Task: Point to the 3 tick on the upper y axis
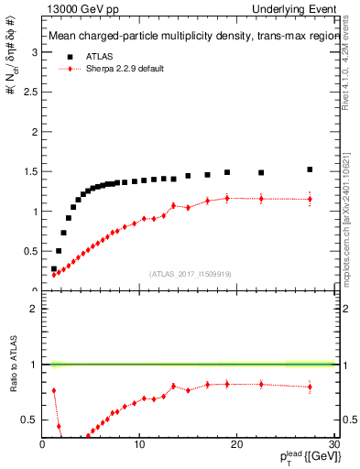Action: pos(35,52)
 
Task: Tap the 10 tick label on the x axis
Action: pos(139,444)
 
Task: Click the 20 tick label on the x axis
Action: pos(236,444)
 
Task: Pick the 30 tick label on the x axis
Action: pos(333,444)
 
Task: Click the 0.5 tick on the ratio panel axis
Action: pos(30,420)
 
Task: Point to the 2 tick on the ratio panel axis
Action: pos(35,308)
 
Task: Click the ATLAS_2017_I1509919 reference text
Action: pos(190,273)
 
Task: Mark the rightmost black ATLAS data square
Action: pos(310,169)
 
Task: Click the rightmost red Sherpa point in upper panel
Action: pos(310,199)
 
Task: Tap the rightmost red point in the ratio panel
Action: pos(310,387)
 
